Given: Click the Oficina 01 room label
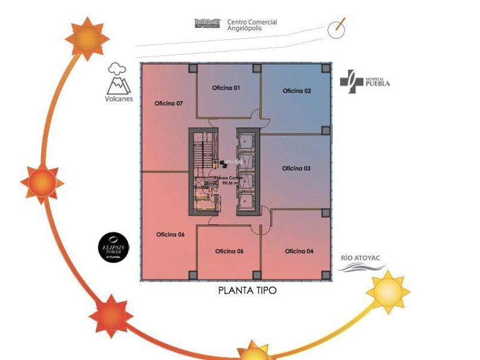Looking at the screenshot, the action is coord(226,88).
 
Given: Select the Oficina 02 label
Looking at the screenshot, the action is coord(297,91).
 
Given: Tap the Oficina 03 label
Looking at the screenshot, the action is coord(297,168).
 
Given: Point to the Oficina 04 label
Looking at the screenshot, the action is coord(299,251).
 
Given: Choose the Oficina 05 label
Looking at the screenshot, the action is coord(229,251).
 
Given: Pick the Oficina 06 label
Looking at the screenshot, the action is coord(170,234).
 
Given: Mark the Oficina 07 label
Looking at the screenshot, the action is coord(169,103).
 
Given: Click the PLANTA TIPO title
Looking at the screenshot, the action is coord(247,290).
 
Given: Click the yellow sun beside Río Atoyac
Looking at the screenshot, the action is coord(387,292).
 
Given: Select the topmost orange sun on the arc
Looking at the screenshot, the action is coord(87,38).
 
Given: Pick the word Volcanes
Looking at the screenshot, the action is coord(119,98).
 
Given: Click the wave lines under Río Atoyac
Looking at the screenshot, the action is coord(363,267).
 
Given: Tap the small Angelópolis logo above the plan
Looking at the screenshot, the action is coord(207,24).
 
